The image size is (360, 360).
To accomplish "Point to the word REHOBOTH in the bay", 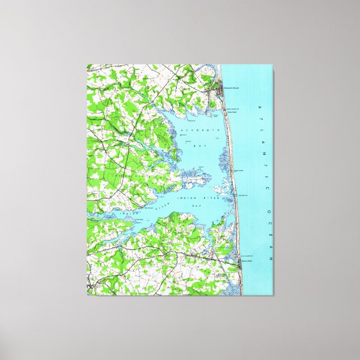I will pyautogui.click(x=195, y=129).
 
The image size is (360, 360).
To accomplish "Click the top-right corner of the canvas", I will pyautogui.click(x=274, y=70).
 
